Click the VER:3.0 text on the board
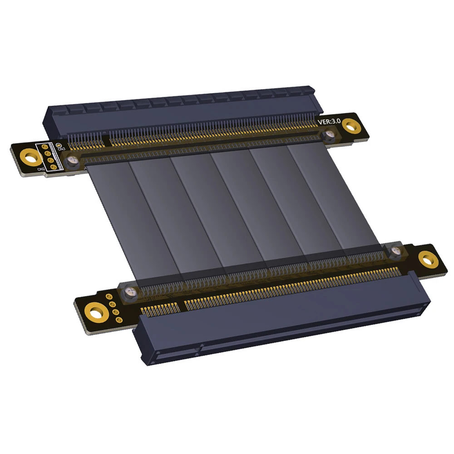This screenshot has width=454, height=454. pyautogui.click(x=329, y=122)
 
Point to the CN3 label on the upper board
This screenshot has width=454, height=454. pyautogui.click(x=61, y=148)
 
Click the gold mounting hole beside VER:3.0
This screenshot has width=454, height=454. pyautogui.click(x=350, y=125)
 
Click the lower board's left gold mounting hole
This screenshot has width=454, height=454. pyautogui.click(x=96, y=313)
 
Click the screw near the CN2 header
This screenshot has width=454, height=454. pyautogui.click(x=72, y=160)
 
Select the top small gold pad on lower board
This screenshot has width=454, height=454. pyautogui.click(x=109, y=297)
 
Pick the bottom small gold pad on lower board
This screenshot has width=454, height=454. pyautogui.click(x=119, y=320)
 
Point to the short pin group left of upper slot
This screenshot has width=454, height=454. pyautogui.click(x=86, y=140)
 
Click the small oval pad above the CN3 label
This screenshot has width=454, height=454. pyautogui.click(x=58, y=144)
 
